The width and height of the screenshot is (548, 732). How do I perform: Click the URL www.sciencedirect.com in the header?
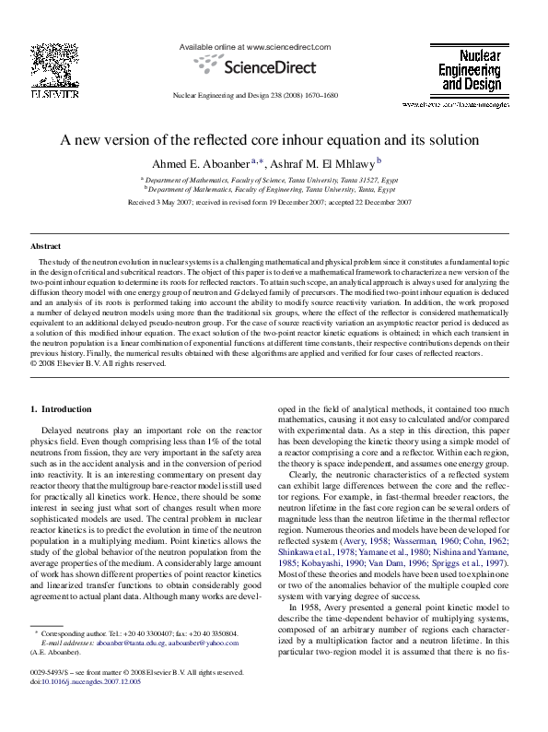point(274,45)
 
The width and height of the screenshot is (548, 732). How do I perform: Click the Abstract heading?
point(46,247)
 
